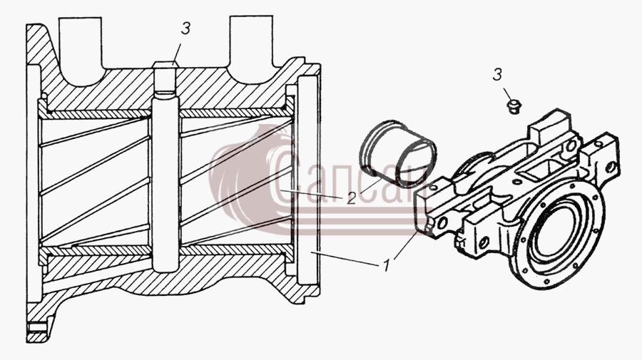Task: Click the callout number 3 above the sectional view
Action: [x=186, y=29]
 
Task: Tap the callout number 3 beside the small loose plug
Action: [x=497, y=75]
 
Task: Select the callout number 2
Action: [x=351, y=198]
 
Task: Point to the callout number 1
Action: [x=386, y=266]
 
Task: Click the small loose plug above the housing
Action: [x=513, y=107]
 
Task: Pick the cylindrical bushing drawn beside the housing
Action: [x=397, y=153]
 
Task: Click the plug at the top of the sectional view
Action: [x=165, y=64]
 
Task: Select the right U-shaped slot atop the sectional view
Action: [x=251, y=46]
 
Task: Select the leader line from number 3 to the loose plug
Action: [x=507, y=94]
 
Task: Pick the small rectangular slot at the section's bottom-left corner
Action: [x=36, y=327]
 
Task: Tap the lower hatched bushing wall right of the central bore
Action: [x=237, y=250]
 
